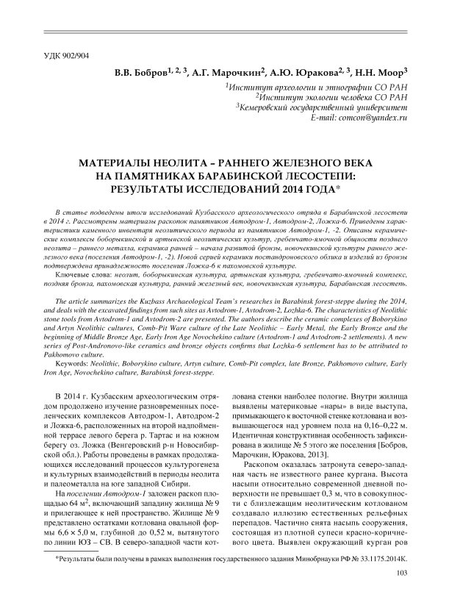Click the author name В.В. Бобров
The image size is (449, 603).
point(139,73)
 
